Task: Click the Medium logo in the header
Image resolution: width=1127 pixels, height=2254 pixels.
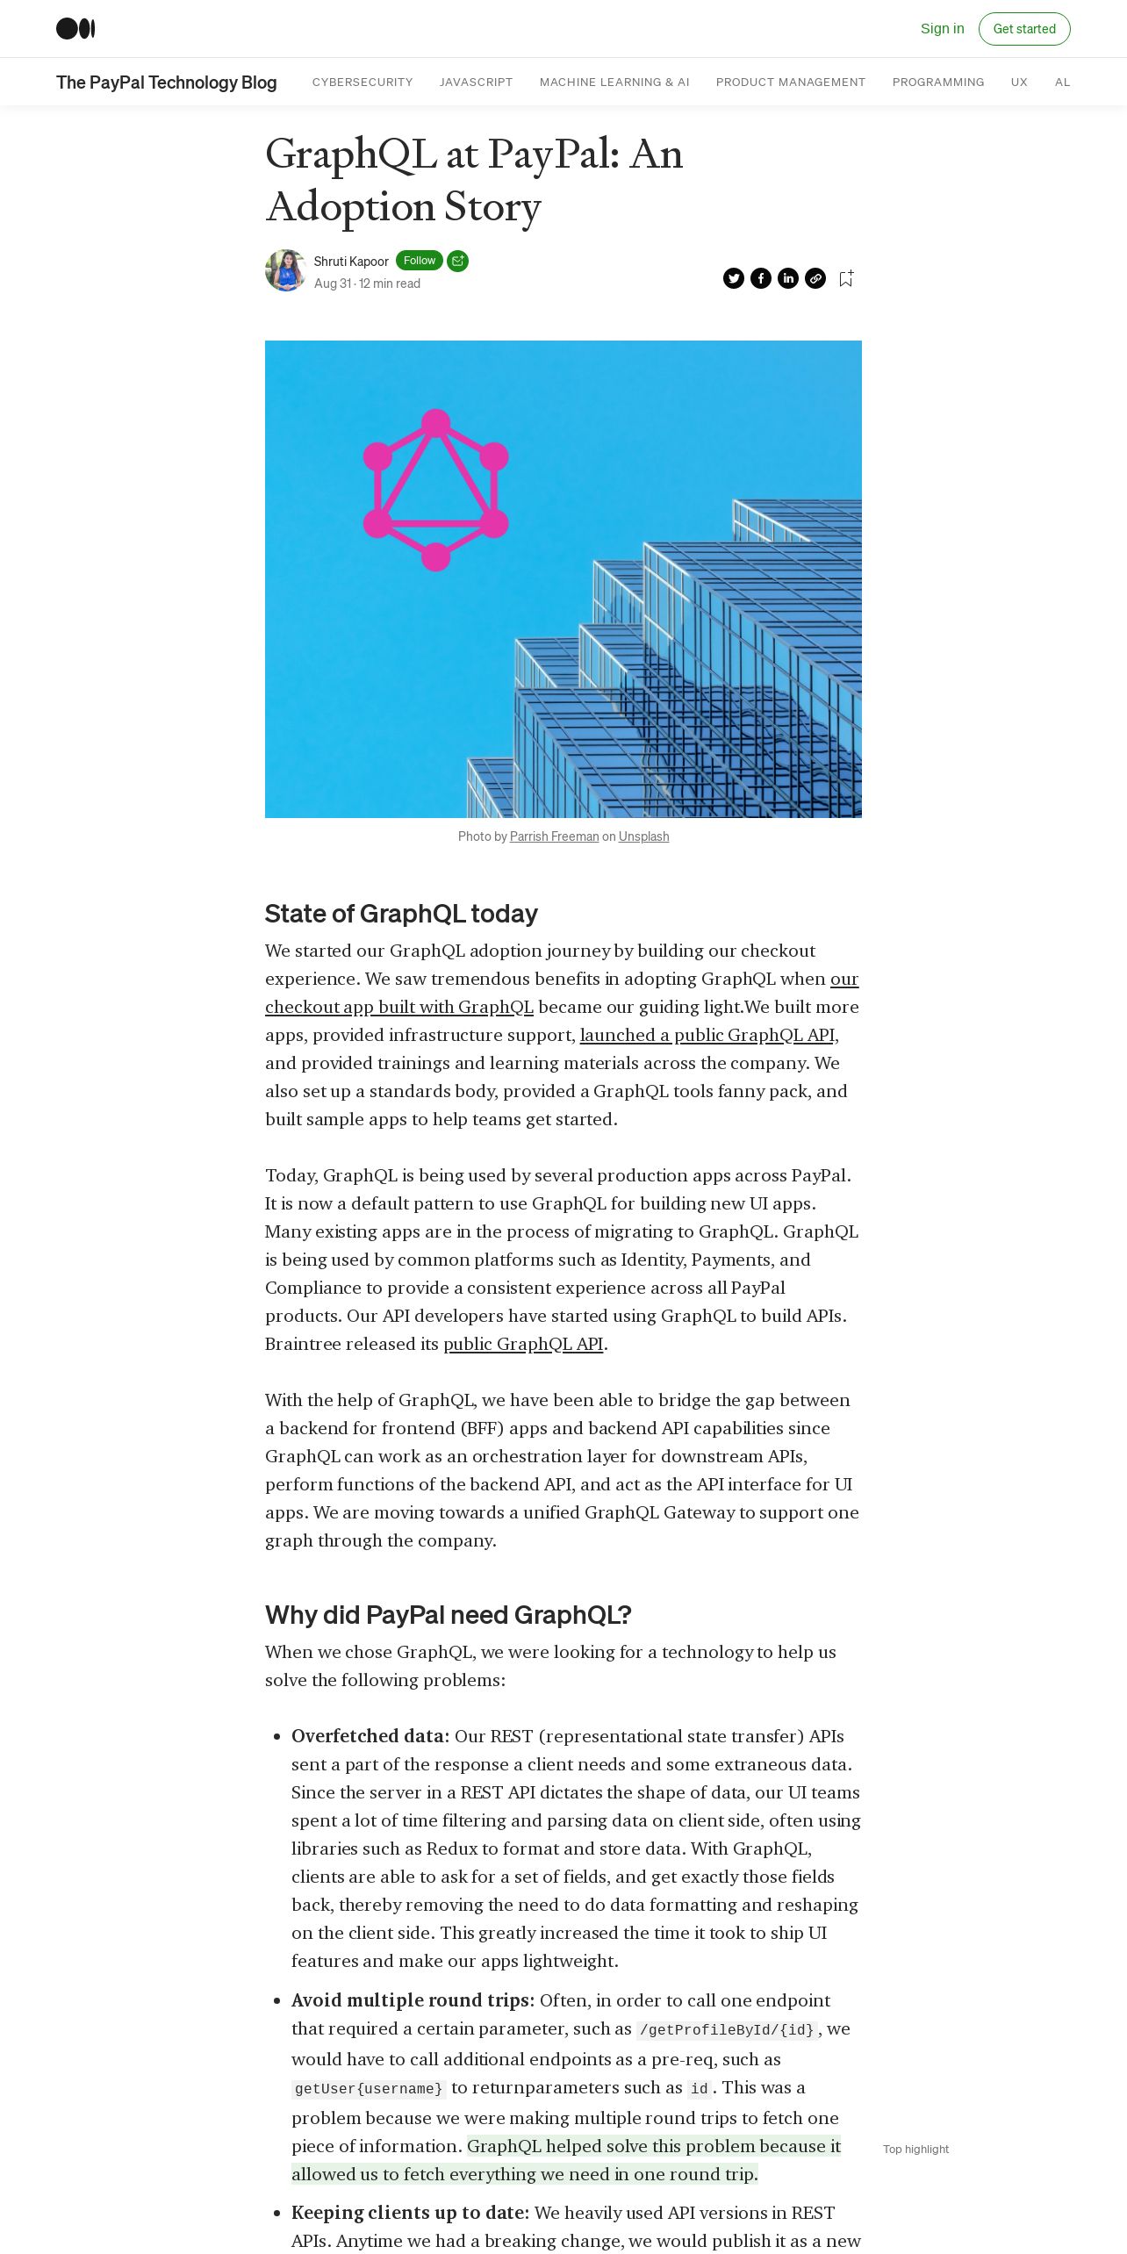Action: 75,29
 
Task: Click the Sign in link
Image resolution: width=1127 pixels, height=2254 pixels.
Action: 942,29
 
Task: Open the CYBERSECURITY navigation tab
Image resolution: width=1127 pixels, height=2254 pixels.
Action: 363,83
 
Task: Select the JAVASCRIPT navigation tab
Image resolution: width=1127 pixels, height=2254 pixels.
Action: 476,83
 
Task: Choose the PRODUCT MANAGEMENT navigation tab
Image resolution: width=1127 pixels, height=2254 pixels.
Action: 790,83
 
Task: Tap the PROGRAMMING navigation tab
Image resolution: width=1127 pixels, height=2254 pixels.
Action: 937,83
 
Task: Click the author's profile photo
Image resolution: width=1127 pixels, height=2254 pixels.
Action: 285,270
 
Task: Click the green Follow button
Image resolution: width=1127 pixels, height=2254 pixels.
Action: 419,261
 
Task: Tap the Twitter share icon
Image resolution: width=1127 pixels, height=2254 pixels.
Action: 734,278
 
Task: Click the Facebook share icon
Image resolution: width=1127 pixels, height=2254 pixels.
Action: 761,278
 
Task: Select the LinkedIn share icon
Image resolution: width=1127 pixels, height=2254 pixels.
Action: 788,278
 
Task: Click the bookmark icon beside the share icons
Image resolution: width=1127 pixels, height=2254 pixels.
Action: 846,278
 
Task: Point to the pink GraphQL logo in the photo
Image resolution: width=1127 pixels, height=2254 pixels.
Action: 435,490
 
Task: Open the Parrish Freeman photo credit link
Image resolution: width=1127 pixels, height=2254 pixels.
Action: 554,836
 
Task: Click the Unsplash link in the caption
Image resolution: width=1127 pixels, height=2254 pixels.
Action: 643,836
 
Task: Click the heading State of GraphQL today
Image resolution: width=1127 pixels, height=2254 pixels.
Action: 401,914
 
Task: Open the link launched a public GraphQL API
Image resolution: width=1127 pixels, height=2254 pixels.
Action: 707,1035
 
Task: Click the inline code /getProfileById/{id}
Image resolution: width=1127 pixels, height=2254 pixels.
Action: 727,2030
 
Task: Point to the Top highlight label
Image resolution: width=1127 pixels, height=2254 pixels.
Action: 915,2149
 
